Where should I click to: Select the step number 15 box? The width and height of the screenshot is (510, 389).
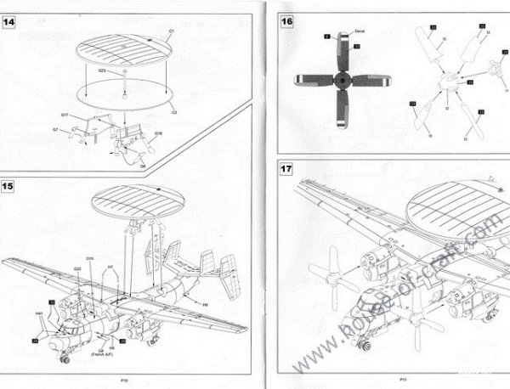[9, 184]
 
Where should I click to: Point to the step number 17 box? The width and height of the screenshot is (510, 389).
[287, 170]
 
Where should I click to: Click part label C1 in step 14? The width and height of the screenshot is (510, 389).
[172, 31]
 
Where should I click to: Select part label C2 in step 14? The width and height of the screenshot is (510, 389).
[173, 111]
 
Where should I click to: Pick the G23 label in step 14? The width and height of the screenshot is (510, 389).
[103, 71]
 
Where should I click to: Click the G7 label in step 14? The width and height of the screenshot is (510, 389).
[55, 129]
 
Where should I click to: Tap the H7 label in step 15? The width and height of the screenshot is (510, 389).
[110, 268]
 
